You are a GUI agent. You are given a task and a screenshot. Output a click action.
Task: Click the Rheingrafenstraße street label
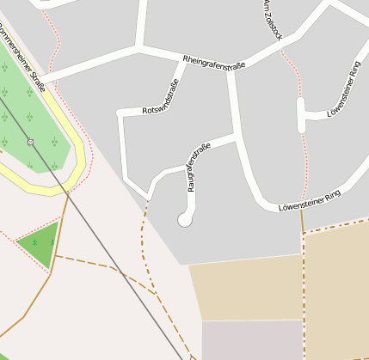pyautogui.click(x=214, y=63)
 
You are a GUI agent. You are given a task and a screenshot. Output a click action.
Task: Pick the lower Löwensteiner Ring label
pyautogui.click(x=310, y=201)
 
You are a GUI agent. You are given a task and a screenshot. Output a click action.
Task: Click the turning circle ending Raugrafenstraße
pyautogui.click(x=184, y=220)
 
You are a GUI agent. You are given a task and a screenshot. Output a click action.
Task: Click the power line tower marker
pyautogui.click(x=30, y=141)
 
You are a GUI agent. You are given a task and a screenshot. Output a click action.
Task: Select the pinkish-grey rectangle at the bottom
pyautogui.click(x=252, y=339)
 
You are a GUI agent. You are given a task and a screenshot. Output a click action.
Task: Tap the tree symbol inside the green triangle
pyautogui.click(x=34, y=241)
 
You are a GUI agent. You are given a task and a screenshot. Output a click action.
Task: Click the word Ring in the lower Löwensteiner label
pyautogui.click(x=330, y=195)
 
